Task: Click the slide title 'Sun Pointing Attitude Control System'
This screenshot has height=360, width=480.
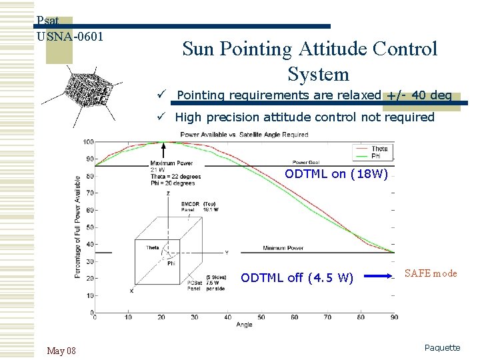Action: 309,61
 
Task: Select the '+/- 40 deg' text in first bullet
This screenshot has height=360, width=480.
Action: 419,95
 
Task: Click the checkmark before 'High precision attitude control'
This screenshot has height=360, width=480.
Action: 161,117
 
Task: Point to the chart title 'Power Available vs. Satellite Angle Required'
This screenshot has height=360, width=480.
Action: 244,135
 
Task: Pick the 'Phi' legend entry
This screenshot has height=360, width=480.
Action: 377,155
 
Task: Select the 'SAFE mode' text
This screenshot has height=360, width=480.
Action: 431,273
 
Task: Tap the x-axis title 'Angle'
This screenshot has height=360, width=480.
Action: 244,325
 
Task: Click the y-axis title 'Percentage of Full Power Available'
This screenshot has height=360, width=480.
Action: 78,227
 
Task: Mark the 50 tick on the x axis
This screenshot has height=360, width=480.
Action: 261,317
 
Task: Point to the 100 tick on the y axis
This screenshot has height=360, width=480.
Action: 87,141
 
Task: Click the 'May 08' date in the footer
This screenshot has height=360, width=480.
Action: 61,351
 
